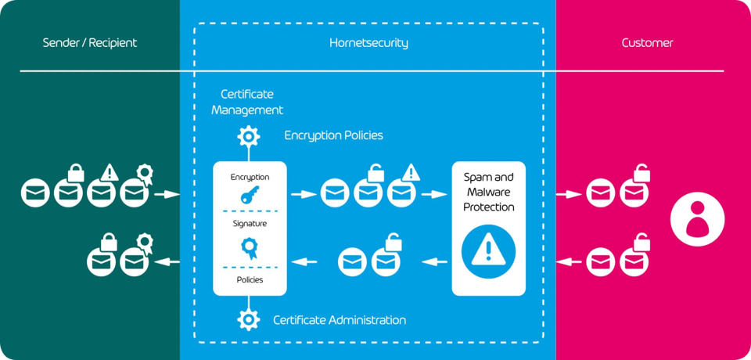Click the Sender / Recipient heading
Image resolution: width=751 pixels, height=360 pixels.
89,43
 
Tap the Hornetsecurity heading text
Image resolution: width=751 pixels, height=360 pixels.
368,43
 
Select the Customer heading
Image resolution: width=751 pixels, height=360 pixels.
647,43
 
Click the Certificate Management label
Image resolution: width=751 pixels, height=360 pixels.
247,103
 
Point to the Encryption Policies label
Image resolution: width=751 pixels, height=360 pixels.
333,135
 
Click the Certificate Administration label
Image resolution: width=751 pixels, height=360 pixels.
340,320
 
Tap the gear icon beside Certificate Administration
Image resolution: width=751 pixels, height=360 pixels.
249,319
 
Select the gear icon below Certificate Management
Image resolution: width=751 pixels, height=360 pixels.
249,136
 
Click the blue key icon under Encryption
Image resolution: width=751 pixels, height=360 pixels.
250,196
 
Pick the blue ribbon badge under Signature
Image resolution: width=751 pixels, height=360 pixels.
250,248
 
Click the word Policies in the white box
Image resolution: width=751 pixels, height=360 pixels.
250,279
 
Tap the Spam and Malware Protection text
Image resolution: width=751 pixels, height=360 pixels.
489,192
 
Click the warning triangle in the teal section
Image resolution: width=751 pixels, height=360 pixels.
110,171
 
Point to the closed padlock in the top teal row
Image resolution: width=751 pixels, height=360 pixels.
76,171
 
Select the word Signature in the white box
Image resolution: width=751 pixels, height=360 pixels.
250,224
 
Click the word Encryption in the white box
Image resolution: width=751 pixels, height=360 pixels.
250,177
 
